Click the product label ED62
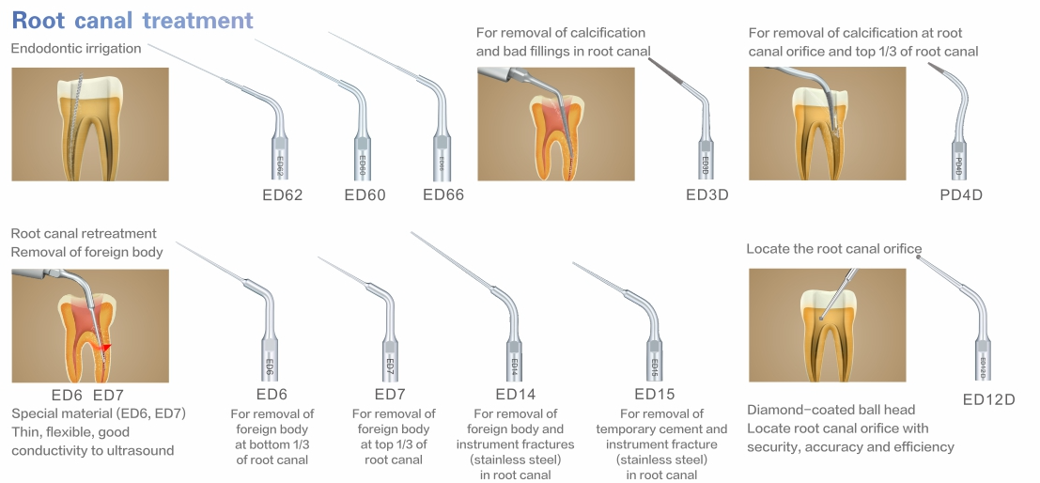pos(282,195)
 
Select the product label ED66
pos(443,195)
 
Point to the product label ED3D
pos(707,195)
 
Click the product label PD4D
pos(960,195)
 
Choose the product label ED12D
pos(989,399)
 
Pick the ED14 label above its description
pos(515,394)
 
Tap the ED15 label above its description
pos(654,394)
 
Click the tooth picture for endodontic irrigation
pos(90,123)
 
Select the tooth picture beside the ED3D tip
pos(555,123)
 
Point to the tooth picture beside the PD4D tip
pos(827,123)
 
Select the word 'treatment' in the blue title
pos(198,20)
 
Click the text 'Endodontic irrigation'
pos(76,49)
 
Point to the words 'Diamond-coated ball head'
pos(817,410)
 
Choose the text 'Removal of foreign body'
pos(86,252)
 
